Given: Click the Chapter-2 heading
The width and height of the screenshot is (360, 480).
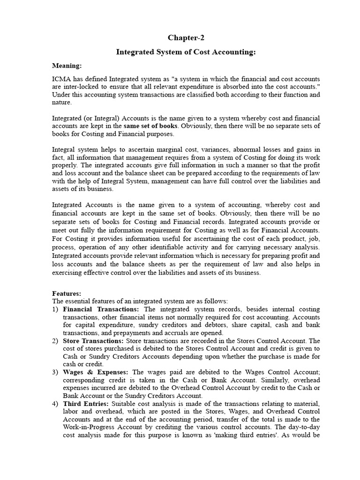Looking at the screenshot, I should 186,37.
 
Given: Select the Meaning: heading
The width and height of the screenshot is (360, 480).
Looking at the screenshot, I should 67,66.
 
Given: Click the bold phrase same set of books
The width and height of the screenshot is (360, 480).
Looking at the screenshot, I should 150,126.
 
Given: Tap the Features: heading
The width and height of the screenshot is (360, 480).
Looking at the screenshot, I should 67,293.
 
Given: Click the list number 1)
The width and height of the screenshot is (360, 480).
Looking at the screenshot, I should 55,309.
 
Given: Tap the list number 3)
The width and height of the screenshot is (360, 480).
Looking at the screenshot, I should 55,372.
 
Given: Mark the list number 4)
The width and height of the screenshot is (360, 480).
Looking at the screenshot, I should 55,404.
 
